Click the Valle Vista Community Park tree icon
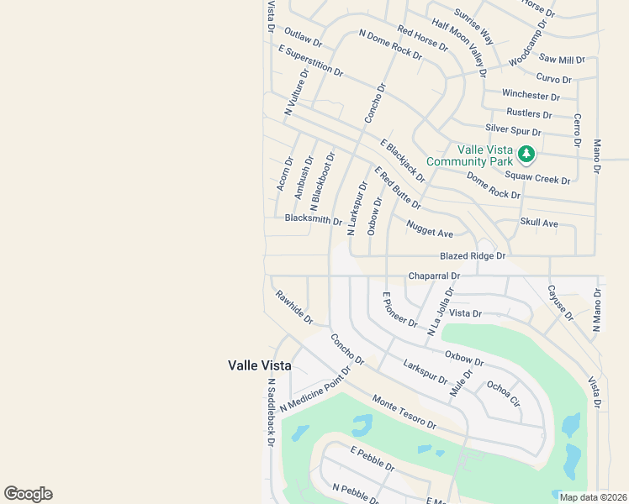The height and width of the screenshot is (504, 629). pyautogui.click(x=526, y=154)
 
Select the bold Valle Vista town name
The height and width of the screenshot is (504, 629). pyautogui.click(x=260, y=365)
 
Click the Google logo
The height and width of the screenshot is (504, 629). pyautogui.click(x=28, y=494)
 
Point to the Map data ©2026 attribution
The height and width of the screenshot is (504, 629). pyautogui.click(x=593, y=497)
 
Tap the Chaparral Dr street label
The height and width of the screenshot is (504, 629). pyautogui.click(x=434, y=276)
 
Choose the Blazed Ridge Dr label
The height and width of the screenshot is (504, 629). pyautogui.click(x=473, y=255)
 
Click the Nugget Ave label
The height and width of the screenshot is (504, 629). pyautogui.click(x=430, y=228)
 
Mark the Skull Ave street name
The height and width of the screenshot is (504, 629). pyautogui.click(x=539, y=223)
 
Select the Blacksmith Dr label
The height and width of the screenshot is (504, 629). pyautogui.click(x=314, y=220)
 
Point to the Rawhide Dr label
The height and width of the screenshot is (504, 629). pyautogui.click(x=293, y=307)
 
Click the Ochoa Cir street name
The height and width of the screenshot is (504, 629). pyautogui.click(x=504, y=393)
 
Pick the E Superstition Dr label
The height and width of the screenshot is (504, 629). pyautogui.click(x=311, y=61)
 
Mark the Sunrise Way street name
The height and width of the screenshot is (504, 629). pyautogui.click(x=474, y=26)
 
